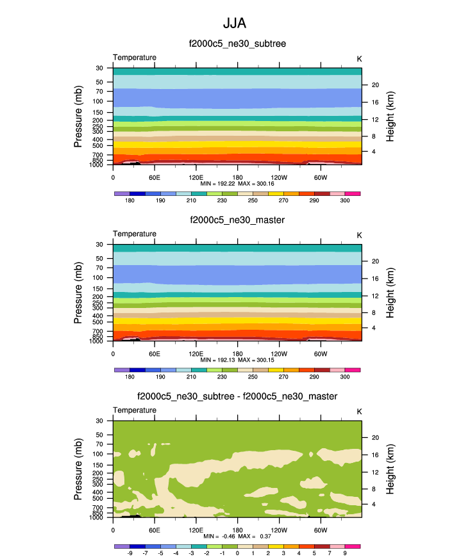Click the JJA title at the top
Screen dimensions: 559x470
tap(235, 23)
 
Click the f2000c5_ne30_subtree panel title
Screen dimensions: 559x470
tap(237, 44)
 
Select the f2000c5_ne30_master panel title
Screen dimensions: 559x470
tap(237, 220)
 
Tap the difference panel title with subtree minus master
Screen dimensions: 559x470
tap(237, 397)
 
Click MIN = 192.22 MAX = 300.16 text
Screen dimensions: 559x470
tap(237, 183)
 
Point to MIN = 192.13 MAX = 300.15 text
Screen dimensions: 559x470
tap(237, 360)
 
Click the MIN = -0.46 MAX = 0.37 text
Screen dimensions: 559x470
tap(237, 536)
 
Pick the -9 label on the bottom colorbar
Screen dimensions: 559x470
tap(130, 553)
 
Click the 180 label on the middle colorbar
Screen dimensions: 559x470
tap(130, 377)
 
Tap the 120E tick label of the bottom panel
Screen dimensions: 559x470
tap(196, 530)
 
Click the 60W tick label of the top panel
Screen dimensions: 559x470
tap(320, 177)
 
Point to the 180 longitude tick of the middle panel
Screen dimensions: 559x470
tap(237, 353)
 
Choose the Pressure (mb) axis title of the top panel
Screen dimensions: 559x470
tap(79, 117)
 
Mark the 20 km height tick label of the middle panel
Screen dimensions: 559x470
tap(375, 261)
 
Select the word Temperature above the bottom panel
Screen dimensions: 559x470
tap(135, 410)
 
